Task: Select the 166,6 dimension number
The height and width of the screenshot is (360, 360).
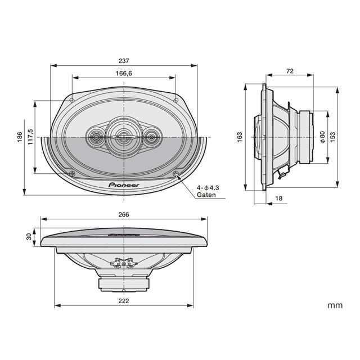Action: tap(124, 73)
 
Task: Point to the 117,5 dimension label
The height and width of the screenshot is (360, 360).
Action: tap(31, 138)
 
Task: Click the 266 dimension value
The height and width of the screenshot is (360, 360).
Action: tap(124, 215)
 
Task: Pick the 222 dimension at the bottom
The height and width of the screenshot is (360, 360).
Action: tap(124, 301)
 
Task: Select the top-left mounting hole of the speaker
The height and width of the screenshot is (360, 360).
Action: tap(72, 99)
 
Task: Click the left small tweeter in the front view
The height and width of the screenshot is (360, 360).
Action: tap(94, 136)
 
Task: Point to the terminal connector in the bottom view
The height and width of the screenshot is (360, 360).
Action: tap(124, 262)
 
